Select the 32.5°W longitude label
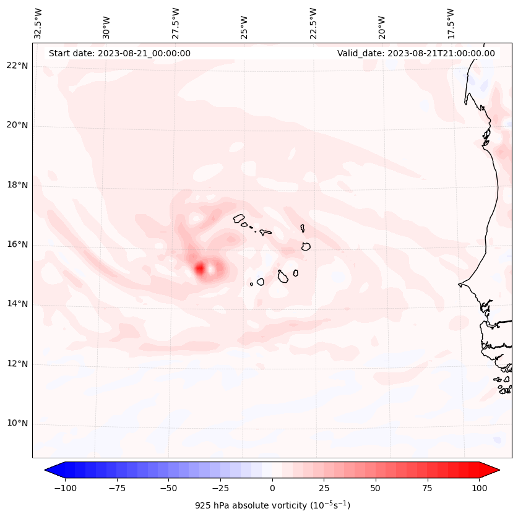[x=38, y=23]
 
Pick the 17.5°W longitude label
[x=451, y=23]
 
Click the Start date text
[x=119, y=53]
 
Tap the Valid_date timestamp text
[x=416, y=53]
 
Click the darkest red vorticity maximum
[x=199, y=268]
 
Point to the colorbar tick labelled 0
[x=272, y=488]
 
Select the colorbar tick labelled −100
[x=65, y=488]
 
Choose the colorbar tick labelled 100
[x=479, y=488]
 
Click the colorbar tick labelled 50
[x=376, y=488]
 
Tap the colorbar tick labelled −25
[x=220, y=488]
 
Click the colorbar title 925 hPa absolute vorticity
[x=272, y=505]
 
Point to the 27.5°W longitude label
[x=176, y=23]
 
